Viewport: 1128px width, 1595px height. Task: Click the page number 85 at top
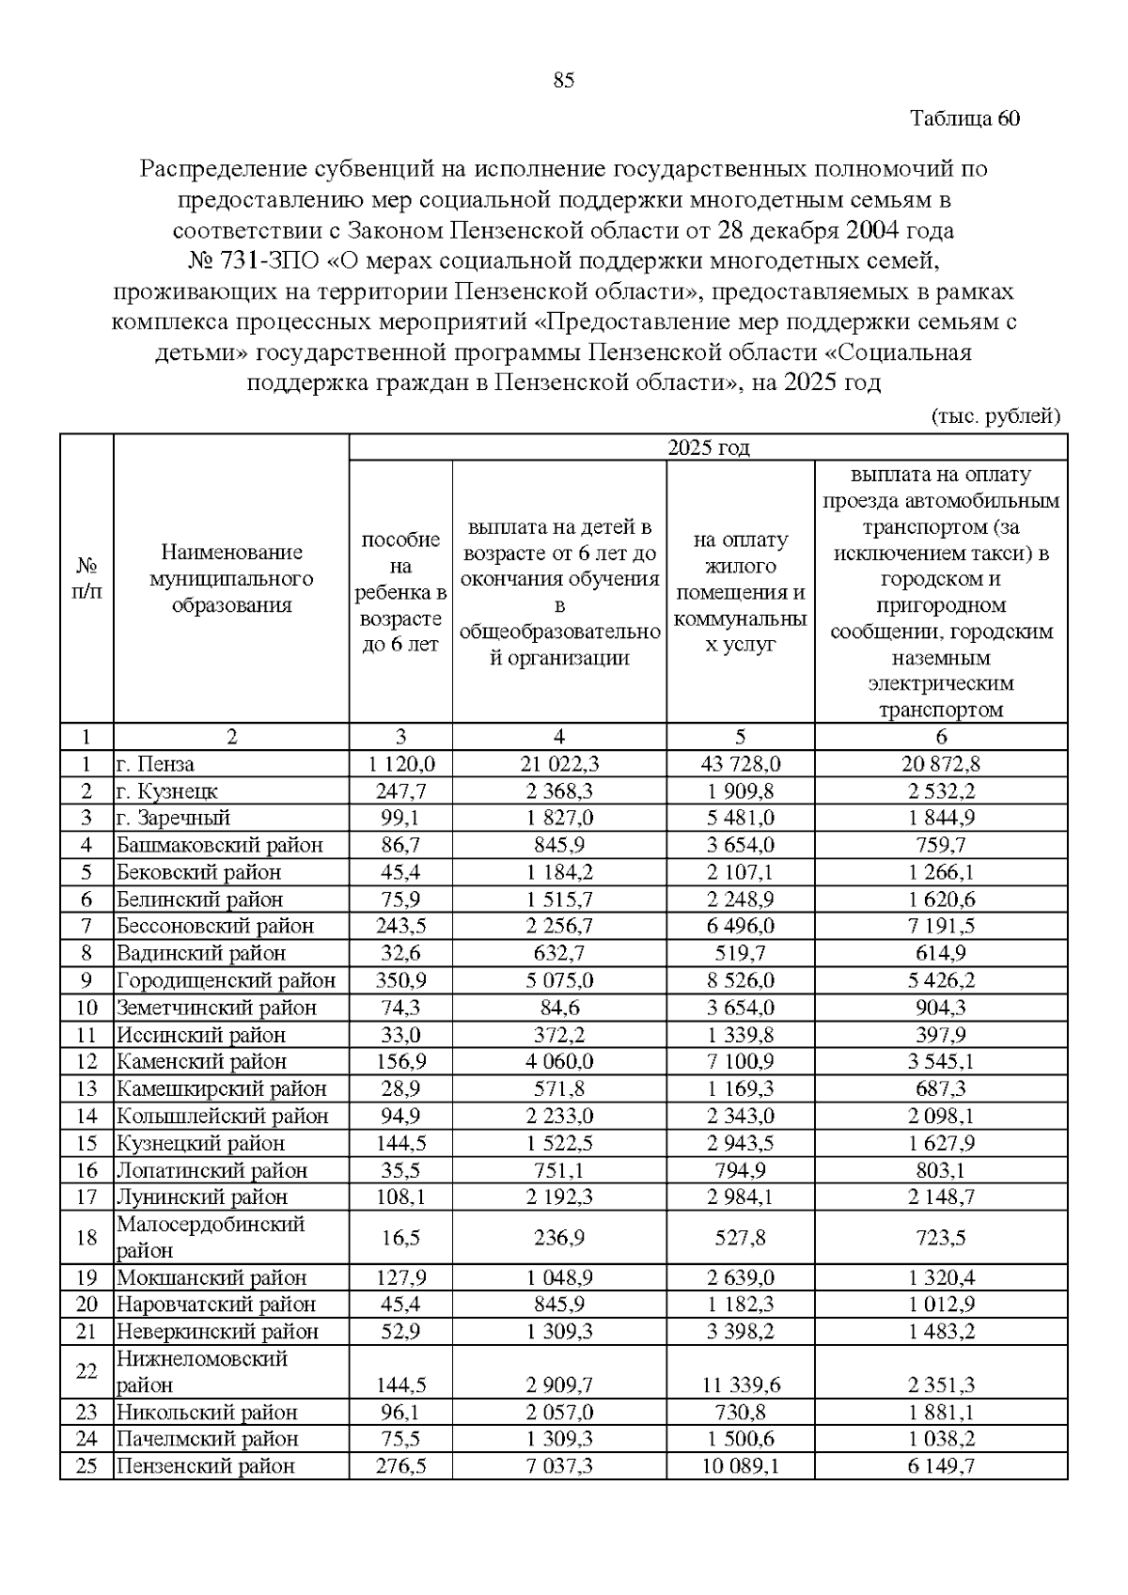(563, 81)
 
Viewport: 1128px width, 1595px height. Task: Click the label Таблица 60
(964, 118)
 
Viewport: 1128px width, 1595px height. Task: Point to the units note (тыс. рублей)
(995, 416)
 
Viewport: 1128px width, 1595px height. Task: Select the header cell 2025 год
(708, 447)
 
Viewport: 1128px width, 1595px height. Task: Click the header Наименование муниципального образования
(231, 578)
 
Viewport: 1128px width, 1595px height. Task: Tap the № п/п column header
(86, 578)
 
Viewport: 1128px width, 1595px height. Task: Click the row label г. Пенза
(156, 764)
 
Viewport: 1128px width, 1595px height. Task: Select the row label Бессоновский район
(215, 926)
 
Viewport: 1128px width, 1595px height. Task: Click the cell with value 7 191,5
(941, 926)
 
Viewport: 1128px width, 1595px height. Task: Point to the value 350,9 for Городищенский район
(400, 980)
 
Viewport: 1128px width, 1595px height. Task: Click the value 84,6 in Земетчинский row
(559, 1008)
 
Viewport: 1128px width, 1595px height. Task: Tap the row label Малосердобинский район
(211, 1237)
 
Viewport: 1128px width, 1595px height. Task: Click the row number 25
(86, 1465)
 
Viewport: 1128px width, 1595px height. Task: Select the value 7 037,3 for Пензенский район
(559, 1465)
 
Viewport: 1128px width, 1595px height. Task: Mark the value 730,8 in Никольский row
(741, 1412)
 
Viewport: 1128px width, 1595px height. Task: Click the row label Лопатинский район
(211, 1170)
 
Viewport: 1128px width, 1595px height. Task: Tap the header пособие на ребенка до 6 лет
(400, 591)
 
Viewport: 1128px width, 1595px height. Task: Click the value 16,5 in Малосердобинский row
(400, 1237)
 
